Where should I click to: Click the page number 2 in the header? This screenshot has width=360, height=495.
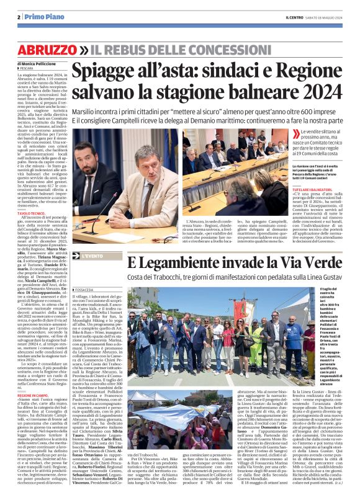pos(19,17)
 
